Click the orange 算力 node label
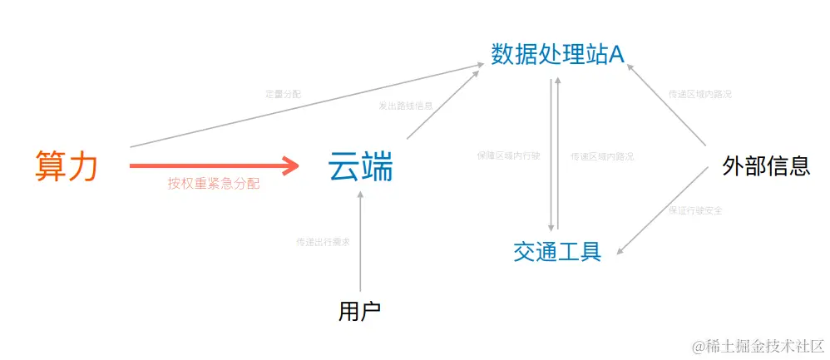pyautogui.click(x=67, y=165)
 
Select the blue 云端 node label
pyautogui.click(x=360, y=167)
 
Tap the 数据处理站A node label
pyautogui.click(x=557, y=55)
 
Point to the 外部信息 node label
pyautogui.click(x=766, y=166)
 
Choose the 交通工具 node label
pyautogui.click(x=556, y=251)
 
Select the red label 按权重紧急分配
pyautogui.click(x=213, y=184)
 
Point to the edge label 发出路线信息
pyautogui.click(x=405, y=106)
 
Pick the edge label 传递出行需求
pyautogui.click(x=323, y=242)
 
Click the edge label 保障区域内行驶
pyautogui.click(x=508, y=155)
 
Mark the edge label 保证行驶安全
pyautogui.click(x=694, y=210)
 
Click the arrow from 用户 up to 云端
pyautogui.click(x=360, y=241)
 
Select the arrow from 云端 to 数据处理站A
pyautogui.click(x=445, y=105)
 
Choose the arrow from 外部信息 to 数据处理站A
pyautogui.click(x=669, y=111)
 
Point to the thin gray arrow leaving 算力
pyautogui.click(x=308, y=105)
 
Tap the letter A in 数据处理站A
pyautogui.click(x=616, y=55)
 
